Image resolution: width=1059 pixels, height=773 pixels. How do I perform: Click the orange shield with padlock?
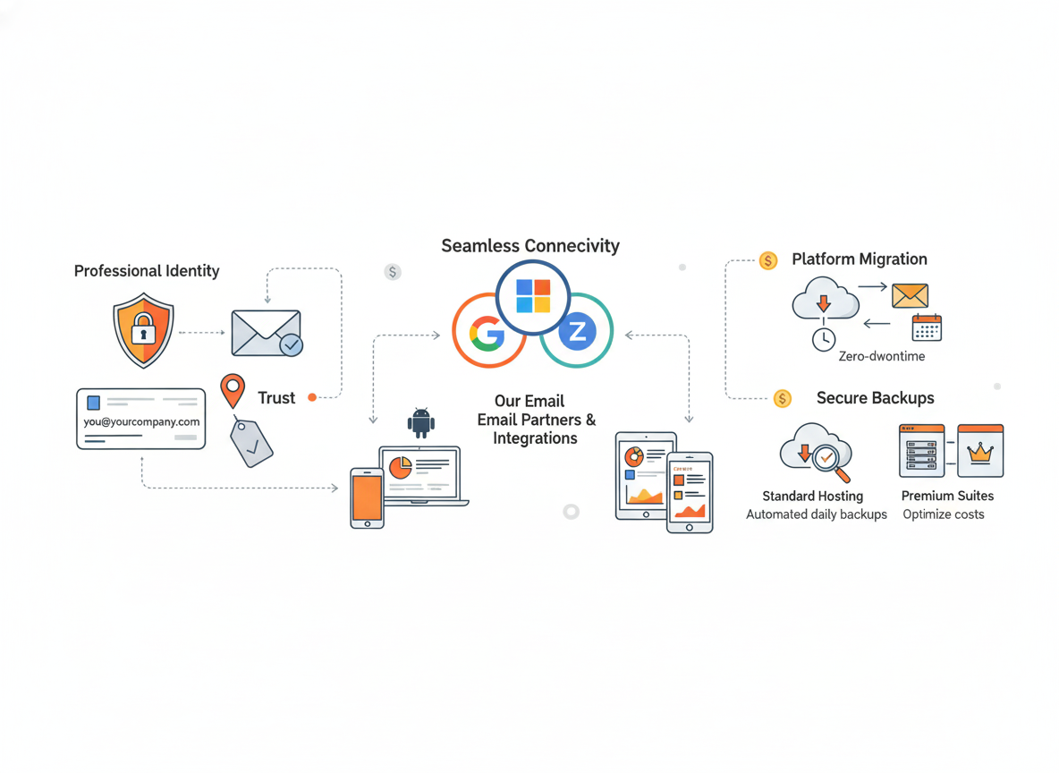tap(143, 331)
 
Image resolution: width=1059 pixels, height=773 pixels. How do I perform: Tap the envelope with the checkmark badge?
tap(267, 333)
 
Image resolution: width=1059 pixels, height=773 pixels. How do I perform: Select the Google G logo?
tap(487, 333)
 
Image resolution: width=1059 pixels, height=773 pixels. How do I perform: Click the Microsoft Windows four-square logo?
tap(533, 296)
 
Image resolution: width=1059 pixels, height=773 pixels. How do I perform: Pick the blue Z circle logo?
tap(577, 333)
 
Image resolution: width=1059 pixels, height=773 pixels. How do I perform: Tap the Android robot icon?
tap(420, 423)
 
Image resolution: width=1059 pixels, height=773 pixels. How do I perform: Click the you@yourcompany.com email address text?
tap(141, 421)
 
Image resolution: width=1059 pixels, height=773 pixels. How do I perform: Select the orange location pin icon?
tap(233, 391)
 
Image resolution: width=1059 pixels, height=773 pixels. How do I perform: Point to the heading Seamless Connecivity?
tap(530, 246)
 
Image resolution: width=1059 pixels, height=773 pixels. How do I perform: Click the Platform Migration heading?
tap(859, 259)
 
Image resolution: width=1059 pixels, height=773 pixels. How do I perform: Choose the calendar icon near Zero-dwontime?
tap(927, 327)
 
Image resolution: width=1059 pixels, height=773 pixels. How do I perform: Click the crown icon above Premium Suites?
tap(980, 452)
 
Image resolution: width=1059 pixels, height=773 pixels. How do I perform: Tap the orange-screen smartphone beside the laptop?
tap(367, 497)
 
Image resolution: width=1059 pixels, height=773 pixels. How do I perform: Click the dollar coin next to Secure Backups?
tap(783, 399)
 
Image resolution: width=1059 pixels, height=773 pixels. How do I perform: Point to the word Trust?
tap(276, 398)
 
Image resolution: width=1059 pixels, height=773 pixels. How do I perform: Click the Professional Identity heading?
tap(147, 271)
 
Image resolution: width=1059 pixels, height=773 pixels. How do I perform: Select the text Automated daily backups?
tap(817, 514)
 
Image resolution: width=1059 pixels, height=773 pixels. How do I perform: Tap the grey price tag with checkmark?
tap(251, 442)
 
